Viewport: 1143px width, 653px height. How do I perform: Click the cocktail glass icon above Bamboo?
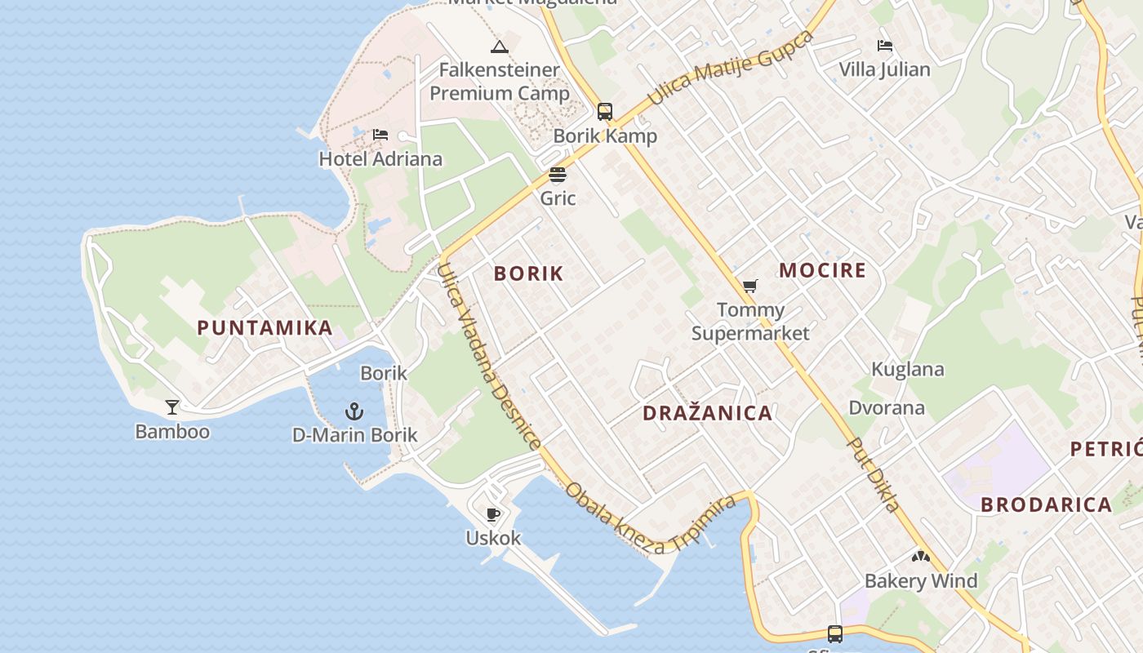click(x=172, y=406)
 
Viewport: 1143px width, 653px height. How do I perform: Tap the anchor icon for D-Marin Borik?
click(x=354, y=411)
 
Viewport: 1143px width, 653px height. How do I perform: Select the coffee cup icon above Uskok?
click(x=493, y=514)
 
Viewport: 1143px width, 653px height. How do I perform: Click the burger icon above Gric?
click(x=558, y=174)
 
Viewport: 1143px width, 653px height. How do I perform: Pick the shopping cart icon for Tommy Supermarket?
click(x=750, y=286)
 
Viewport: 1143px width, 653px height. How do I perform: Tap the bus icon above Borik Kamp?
click(x=605, y=112)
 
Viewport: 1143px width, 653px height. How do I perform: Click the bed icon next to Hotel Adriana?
click(x=380, y=135)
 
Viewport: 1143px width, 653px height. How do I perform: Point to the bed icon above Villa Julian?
click(x=885, y=46)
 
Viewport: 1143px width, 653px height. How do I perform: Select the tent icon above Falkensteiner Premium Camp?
click(x=500, y=47)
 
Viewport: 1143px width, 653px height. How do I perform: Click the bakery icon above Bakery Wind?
click(x=921, y=557)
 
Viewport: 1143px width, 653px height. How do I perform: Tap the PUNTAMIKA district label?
click(x=265, y=328)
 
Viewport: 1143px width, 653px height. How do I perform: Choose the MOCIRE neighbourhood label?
click(x=822, y=271)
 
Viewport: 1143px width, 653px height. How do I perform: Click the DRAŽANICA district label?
click(x=707, y=413)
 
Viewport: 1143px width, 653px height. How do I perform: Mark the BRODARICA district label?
click(x=1046, y=504)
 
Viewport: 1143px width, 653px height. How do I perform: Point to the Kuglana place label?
click(x=907, y=369)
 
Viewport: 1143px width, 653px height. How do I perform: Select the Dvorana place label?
click(x=887, y=407)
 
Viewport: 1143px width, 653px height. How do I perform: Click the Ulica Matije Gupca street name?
click(x=731, y=69)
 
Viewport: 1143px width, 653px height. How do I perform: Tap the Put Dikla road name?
click(x=875, y=474)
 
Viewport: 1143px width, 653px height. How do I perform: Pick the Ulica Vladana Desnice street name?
click(x=488, y=356)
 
